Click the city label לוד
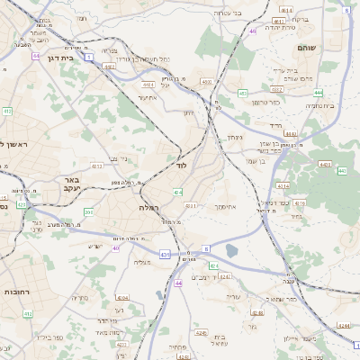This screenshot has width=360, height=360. tap(181, 166)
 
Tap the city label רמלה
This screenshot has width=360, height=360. tap(148, 207)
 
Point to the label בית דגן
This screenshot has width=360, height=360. tap(58, 53)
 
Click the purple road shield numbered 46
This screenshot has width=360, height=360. tap(254, 31)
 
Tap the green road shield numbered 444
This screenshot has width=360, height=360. tap(319, 92)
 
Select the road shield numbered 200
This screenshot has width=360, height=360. tap(88, 211)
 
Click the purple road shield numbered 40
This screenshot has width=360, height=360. tap(116, 247)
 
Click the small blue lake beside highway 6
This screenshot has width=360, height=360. tap(232, 251)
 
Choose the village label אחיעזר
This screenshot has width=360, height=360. tap(148, 98)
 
